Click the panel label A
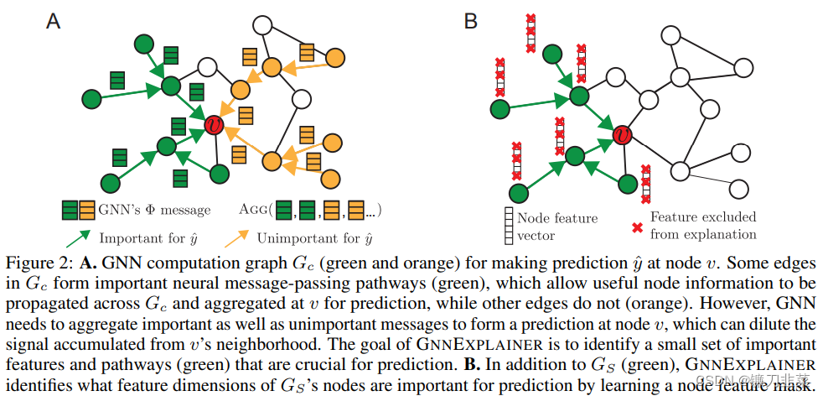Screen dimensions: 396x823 54,20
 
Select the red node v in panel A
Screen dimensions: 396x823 215,126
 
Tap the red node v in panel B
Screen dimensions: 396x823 622,134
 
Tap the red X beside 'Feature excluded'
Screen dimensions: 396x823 638,226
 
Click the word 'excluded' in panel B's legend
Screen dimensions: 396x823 727,216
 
